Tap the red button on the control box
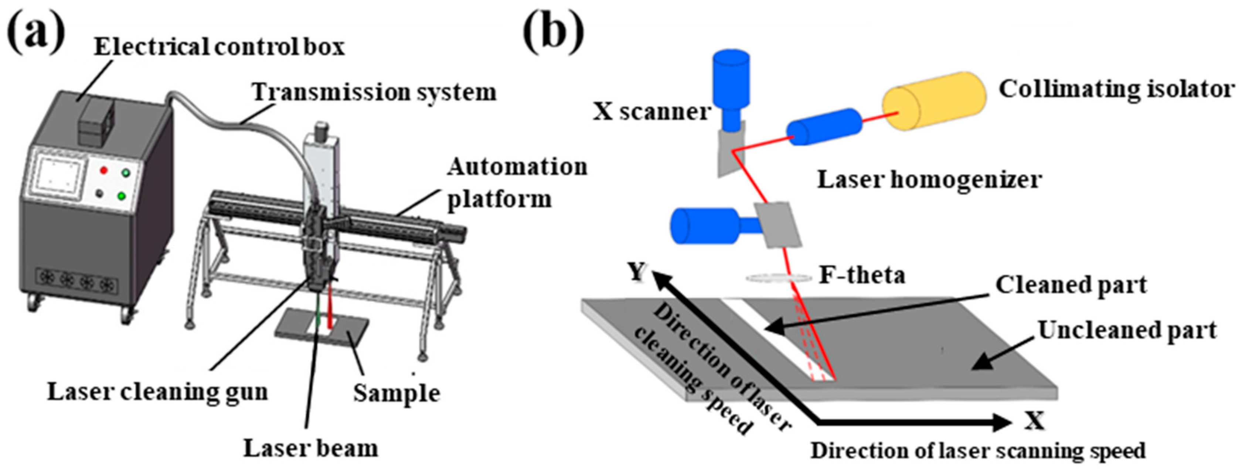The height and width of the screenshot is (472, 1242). point(103,170)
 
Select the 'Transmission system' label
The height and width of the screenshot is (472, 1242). point(374,92)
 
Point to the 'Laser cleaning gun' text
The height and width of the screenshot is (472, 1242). point(157,392)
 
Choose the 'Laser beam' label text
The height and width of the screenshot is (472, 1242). point(310,448)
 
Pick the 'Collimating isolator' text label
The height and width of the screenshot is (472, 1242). point(1116,90)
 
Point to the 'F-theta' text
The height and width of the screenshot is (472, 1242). point(862,276)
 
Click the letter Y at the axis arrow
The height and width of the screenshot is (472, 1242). point(637,273)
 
